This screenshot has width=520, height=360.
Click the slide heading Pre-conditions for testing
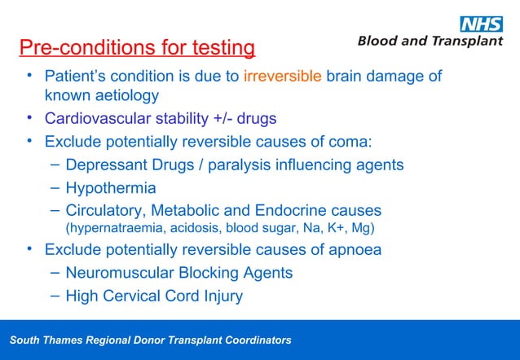pos(137,48)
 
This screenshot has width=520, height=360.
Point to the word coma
pos(349,143)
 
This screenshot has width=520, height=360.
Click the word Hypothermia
pos(110,188)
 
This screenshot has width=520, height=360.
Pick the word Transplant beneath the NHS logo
pos(467,42)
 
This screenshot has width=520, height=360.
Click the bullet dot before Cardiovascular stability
pos(29,120)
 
